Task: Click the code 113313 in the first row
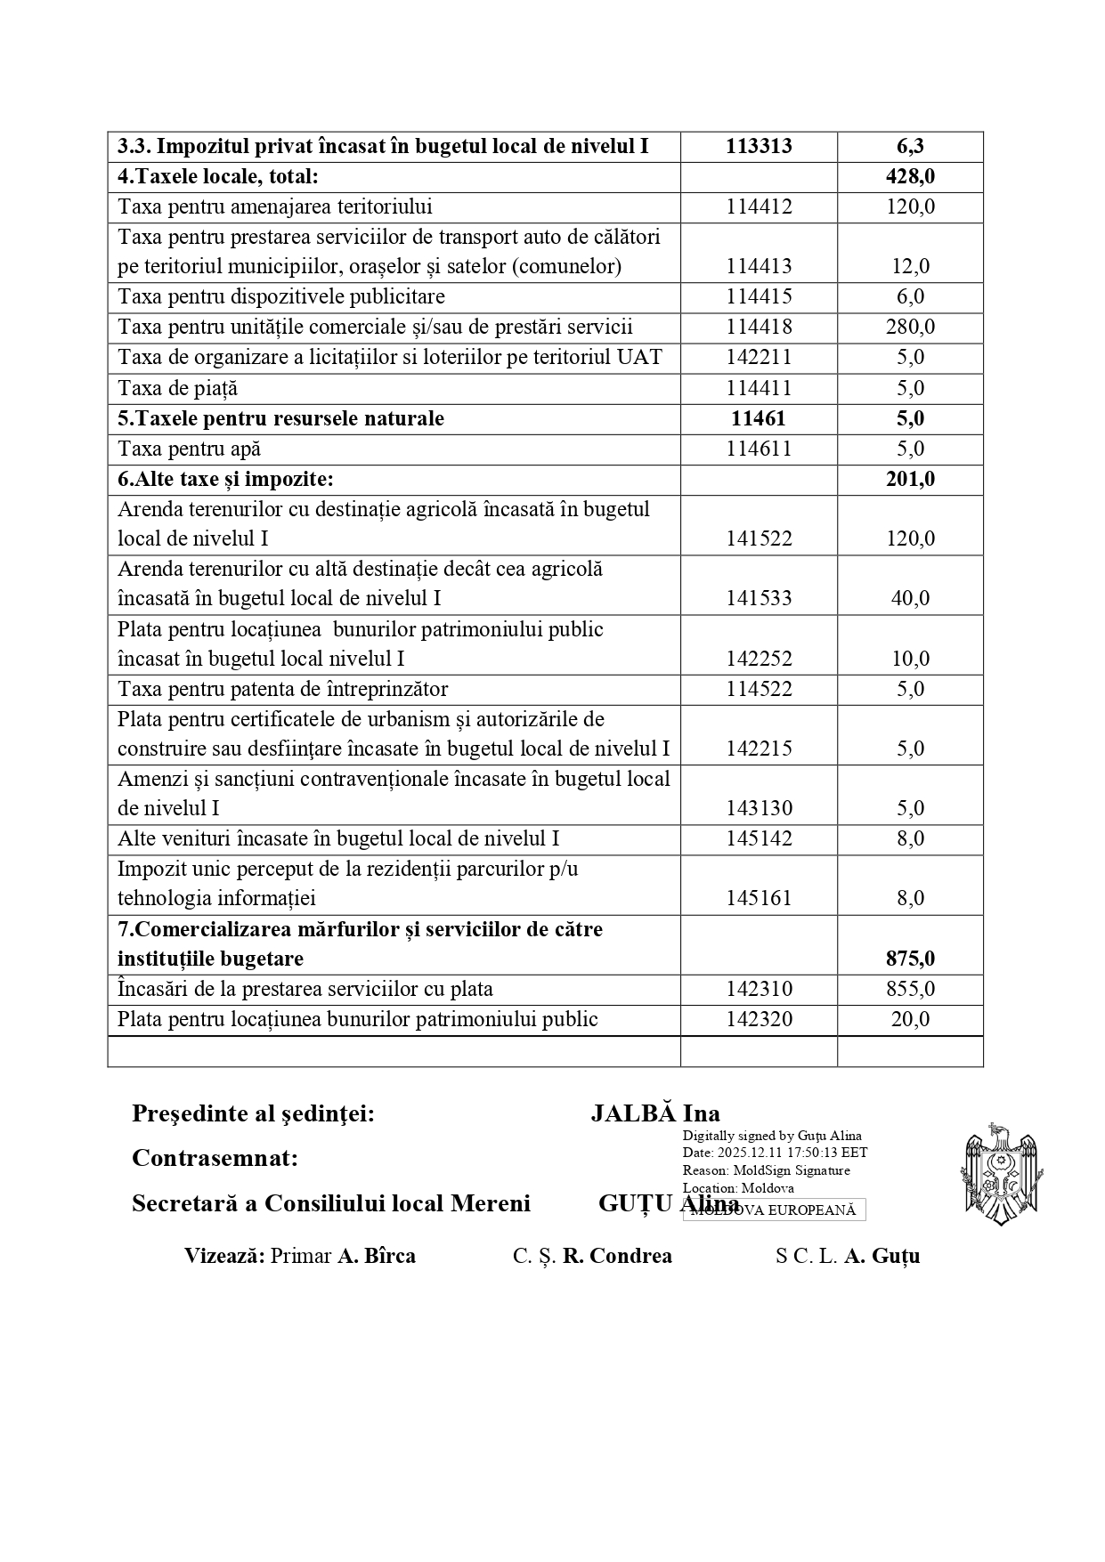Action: click(759, 147)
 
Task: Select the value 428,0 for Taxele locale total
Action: click(910, 177)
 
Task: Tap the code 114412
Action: click(759, 207)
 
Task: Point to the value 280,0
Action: click(910, 327)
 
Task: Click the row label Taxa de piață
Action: click(177, 389)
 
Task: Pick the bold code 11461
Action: click(759, 419)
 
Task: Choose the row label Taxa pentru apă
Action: click(189, 449)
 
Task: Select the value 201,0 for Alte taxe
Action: click(910, 480)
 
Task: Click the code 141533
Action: click(759, 599)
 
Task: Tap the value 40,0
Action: click(910, 599)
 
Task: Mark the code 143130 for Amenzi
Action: click(759, 809)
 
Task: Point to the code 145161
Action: click(759, 899)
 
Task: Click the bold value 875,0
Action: click(910, 959)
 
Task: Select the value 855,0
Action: click(910, 990)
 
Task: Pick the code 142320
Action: click(759, 1020)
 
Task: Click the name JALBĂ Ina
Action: click(655, 1114)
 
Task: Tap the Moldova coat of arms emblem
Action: click(1002, 1174)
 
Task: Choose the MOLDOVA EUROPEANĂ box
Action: click(774, 1210)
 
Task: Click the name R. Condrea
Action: click(617, 1257)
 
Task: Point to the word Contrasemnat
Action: click(215, 1159)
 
